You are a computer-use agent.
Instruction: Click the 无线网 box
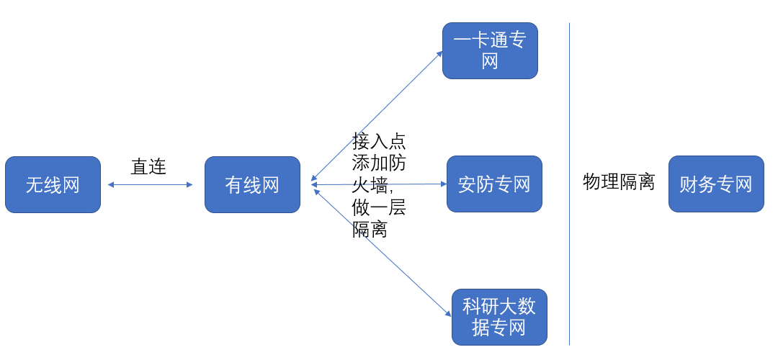(53, 184)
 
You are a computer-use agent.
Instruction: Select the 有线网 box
(252, 184)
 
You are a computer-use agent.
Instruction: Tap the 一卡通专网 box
(490, 50)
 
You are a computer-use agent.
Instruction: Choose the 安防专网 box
(494, 184)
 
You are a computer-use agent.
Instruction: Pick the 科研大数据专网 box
(499, 317)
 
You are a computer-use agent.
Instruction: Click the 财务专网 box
(715, 184)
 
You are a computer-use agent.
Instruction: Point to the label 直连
(148, 167)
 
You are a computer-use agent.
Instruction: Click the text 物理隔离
(618, 181)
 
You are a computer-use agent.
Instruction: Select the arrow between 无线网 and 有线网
(150, 185)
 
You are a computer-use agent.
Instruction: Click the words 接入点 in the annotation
(379, 140)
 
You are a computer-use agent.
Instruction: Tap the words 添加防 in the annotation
(379, 163)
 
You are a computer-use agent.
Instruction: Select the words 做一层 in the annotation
(379, 208)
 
